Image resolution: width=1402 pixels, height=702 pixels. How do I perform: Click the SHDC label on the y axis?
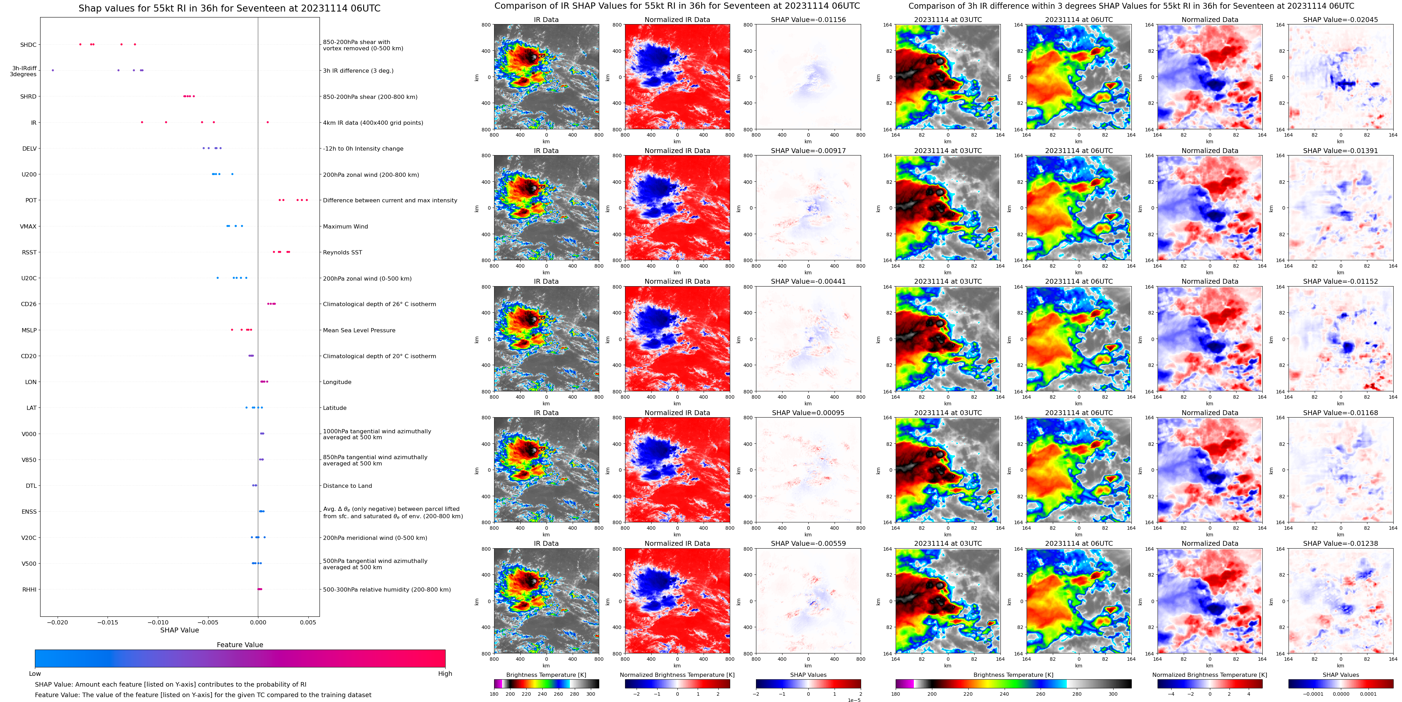[28, 45]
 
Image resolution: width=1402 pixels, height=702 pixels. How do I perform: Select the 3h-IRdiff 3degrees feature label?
[24, 71]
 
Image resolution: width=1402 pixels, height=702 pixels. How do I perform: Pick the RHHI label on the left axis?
[29, 589]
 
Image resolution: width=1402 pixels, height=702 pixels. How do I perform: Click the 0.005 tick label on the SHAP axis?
[308, 622]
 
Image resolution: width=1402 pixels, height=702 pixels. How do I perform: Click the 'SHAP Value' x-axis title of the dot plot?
[179, 630]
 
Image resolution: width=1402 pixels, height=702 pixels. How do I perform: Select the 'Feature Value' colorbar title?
[240, 645]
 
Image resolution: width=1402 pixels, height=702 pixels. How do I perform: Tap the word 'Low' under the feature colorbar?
[35, 674]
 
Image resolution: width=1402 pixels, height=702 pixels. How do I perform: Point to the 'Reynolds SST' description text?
[342, 252]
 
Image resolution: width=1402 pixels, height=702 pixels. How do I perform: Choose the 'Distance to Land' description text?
[347, 486]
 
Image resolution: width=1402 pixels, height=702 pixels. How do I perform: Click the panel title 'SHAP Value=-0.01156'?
[808, 20]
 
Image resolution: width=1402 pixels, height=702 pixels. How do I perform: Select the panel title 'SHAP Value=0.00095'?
[808, 413]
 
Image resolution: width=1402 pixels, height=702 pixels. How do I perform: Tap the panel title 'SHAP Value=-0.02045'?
[1341, 20]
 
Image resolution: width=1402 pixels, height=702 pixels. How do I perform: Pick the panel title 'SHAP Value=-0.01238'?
[1341, 543]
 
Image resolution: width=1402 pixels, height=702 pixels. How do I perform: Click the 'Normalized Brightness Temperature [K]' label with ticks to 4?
[1209, 675]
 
